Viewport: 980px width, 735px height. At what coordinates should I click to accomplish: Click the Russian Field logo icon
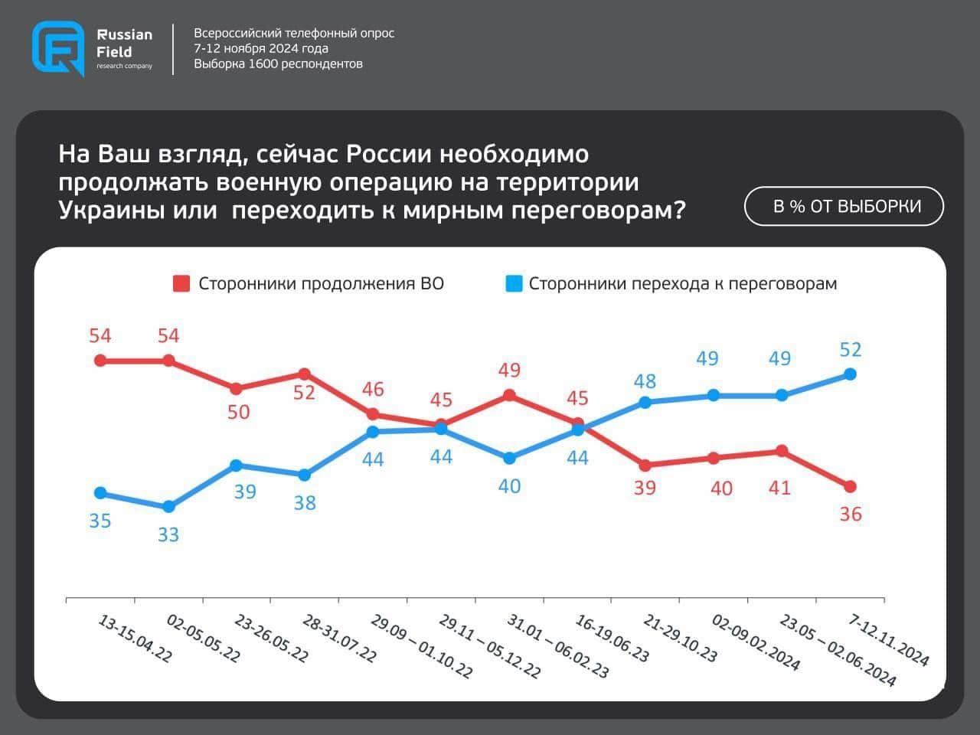coord(58,48)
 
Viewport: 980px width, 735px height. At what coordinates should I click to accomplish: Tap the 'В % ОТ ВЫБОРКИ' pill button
coord(844,206)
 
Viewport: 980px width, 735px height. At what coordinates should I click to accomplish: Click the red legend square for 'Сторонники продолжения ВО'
coord(181,284)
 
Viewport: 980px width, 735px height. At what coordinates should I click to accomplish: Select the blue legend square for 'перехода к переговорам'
coord(513,284)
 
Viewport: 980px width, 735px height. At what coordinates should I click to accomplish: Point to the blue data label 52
coord(851,350)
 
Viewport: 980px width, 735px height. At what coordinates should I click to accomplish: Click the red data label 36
coord(851,514)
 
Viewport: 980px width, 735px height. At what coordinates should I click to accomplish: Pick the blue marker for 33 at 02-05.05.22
coord(168,507)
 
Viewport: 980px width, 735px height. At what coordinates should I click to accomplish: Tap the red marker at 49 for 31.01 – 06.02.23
coord(509,395)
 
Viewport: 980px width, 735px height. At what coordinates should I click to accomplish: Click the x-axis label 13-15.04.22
coord(135,638)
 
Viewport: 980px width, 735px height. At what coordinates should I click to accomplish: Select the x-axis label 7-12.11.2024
coord(888,640)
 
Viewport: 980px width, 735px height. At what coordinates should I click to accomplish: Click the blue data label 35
coord(100,521)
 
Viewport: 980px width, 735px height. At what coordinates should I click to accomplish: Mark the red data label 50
coord(239,412)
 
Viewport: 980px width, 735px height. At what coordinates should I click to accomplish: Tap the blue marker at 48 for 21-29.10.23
coord(645,402)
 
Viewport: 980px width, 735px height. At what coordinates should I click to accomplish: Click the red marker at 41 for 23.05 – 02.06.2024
coord(782,451)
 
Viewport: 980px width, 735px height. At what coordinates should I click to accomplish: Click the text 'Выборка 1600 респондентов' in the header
coord(278,64)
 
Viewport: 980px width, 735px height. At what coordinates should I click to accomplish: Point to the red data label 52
coord(304,393)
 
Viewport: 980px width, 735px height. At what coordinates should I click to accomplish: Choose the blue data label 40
coord(509,486)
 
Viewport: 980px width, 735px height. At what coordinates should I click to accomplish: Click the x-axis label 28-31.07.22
coord(339,638)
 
